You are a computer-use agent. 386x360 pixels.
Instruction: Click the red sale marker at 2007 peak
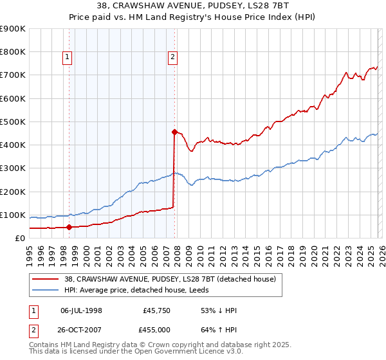174,132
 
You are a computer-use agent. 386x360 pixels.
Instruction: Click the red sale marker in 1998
69,226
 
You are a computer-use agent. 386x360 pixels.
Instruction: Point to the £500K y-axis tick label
13,122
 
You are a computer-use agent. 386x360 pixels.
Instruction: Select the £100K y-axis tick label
13,215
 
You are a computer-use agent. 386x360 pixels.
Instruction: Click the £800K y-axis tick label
13,51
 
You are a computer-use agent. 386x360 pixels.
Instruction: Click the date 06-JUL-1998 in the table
81,310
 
